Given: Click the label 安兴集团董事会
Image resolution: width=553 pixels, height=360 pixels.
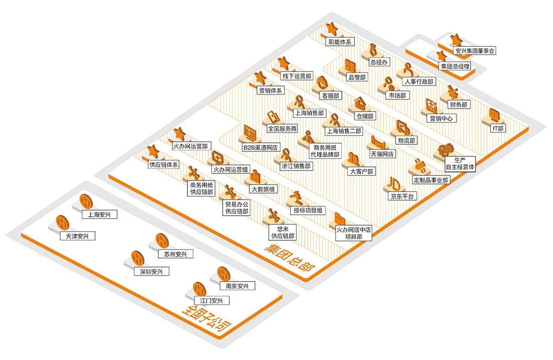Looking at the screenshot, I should click(x=475, y=51).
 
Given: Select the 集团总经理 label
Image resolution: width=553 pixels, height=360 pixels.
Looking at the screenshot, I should click(x=455, y=66).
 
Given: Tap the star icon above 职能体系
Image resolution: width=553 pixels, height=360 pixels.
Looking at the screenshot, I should click(x=331, y=29).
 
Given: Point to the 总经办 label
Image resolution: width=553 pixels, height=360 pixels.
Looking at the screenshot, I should click(x=379, y=62).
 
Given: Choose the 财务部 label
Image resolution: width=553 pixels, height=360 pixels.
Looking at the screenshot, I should click(x=457, y=105).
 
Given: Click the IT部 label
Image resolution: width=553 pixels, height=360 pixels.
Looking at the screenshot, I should click(x=498, y=128).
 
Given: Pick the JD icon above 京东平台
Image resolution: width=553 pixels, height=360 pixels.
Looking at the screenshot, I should click(x=394, y=183).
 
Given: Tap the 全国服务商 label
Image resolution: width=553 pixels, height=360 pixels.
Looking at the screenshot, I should click(x=282, y=129).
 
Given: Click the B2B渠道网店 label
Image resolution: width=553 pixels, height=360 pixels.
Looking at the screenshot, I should click(x=260, y=147).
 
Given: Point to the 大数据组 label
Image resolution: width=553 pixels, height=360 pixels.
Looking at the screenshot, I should click(x=263, y=189).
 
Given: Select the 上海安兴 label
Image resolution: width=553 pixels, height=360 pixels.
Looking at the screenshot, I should click(x=99, y=215).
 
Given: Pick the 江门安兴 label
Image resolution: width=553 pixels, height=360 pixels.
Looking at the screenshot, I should click(x=211, y=301).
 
